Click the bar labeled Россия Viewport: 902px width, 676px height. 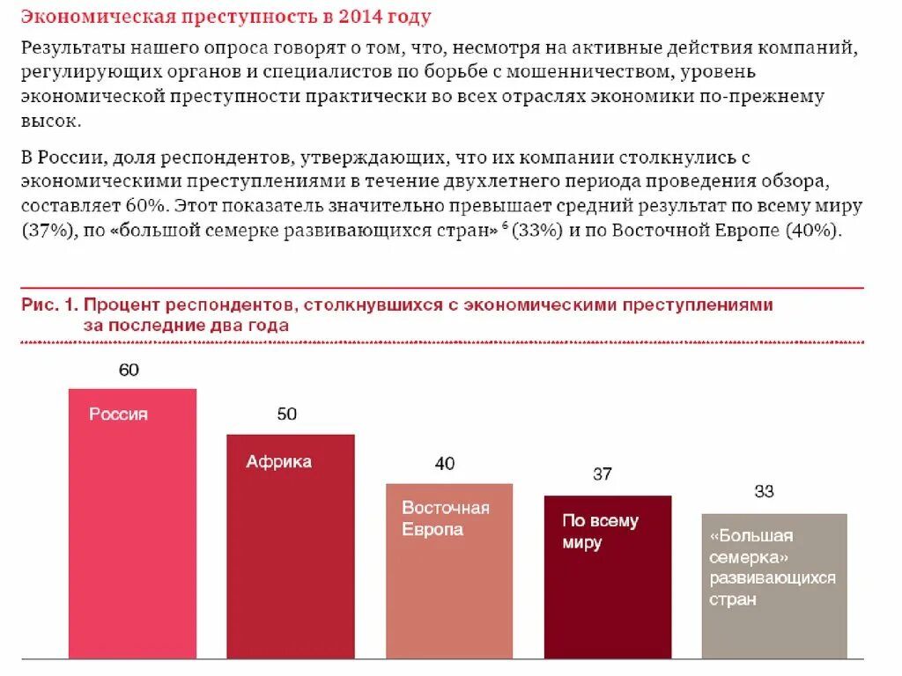[x=132, y=528]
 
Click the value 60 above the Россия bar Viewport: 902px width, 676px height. [x=129, y=370]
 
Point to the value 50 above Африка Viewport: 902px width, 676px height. [x=287, y=414]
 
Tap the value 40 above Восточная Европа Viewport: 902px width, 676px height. [x=445, y=464]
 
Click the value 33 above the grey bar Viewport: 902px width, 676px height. [x=764, y=491]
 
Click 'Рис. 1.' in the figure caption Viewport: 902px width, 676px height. [x=49, y=305]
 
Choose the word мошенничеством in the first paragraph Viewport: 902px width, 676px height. [x=656, y=71]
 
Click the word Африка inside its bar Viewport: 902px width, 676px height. [x=278, y=461]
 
